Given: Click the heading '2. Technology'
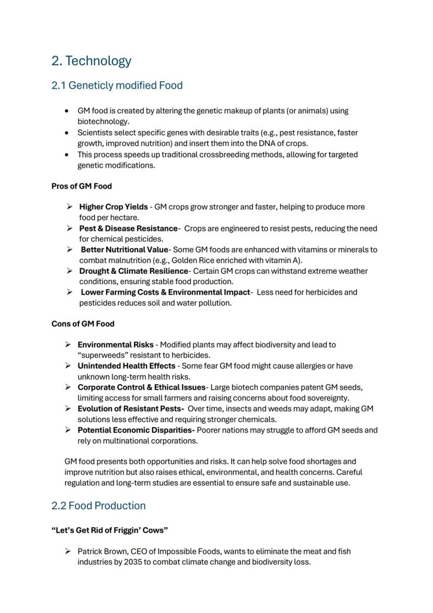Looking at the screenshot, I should pyautogui.click(x=91, y=61).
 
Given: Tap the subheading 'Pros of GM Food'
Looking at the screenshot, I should pyautogui.click(x=82, y=186).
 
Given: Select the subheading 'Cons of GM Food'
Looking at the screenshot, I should pyautogui.click(x=83, y=324).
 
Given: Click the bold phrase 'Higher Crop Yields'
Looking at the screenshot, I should pyautogui.click(x=113, y=207).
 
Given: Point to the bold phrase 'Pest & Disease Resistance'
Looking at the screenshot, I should pyautogui.click(x=128, y=228).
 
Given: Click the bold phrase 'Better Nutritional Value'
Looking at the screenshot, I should pyautogui.click(x=124, y=250).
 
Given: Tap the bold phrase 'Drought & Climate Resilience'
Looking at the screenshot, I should pyautogui.click(x=133, y=271).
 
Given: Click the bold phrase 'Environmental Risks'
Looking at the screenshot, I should pyautogui.click(x=116, y=344).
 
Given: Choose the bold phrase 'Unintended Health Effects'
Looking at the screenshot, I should pyautogui.click(x=127, y=366).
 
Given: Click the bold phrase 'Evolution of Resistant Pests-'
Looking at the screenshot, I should pyautogui.click(x=131, y=408).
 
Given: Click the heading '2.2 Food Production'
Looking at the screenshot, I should pyautogui.click(x=98, y=506).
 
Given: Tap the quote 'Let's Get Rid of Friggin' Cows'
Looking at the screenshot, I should pyautogui.click(x=110, y=530).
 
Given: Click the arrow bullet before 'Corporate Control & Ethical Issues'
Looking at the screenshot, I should pyautogui.click(x=68, y=387).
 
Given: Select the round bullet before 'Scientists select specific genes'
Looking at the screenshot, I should pyautogui.click(x=66, y=133).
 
